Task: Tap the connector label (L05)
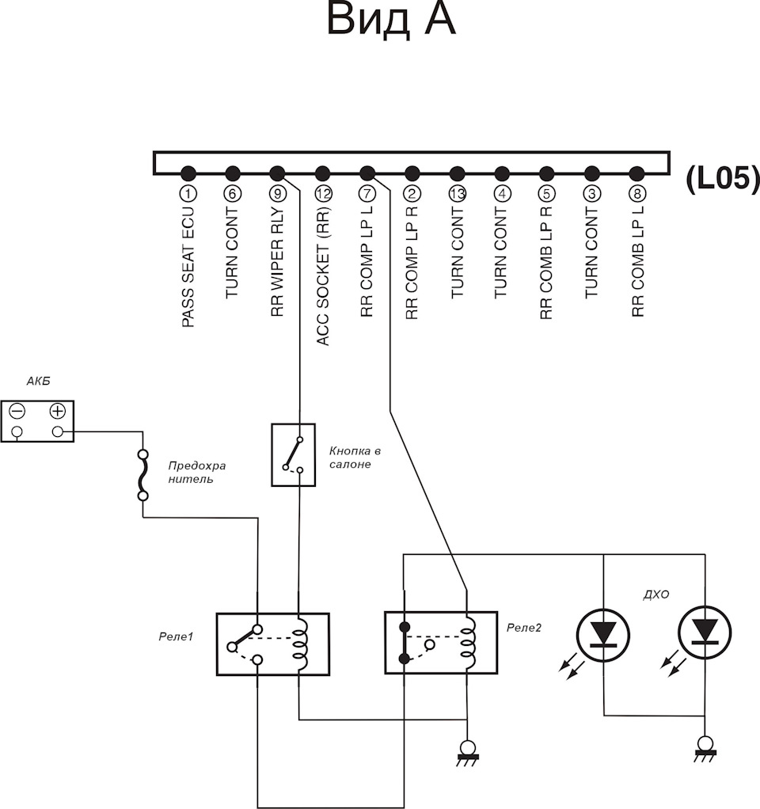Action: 723,179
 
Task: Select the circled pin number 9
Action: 278,194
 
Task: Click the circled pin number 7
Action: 367,194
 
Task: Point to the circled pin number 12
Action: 322,194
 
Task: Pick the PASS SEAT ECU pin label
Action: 188,266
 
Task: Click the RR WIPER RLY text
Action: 277,261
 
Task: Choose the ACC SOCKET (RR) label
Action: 322,276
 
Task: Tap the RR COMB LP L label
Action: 638,261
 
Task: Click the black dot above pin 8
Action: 637,173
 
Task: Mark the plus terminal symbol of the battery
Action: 58,411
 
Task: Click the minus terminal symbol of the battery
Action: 17,411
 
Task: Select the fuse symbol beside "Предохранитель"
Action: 143,475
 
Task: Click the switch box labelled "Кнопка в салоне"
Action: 293,455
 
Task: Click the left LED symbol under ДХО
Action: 602,635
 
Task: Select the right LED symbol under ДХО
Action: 705,633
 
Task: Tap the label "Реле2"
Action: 524,628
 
